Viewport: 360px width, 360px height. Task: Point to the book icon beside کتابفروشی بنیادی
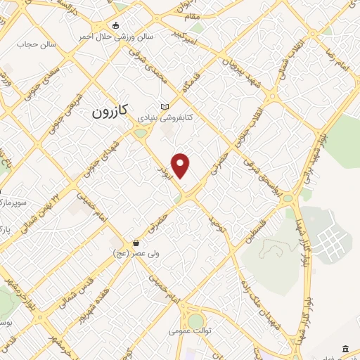click(165, 106)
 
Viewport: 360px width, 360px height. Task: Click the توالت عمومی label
click(193, 330)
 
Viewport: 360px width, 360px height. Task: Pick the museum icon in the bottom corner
click(345, 349)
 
